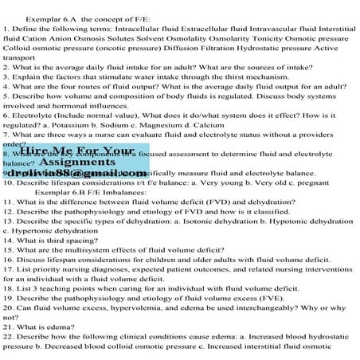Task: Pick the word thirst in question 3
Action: pos(249,82)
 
